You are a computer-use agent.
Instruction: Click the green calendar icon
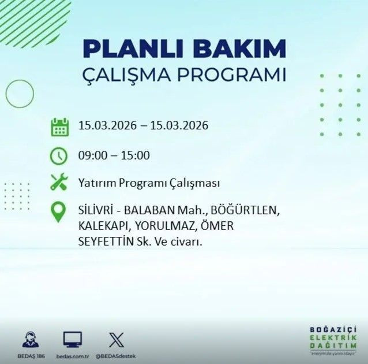(59, 127)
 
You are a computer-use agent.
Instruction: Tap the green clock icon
(59, 155)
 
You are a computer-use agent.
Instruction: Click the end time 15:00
(137, 155)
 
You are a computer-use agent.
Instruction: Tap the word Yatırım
(97, 184)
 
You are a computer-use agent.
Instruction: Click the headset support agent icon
(30, 340)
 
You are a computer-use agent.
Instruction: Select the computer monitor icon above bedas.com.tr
(72, 339)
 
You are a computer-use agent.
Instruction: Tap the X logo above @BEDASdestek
(115, 339)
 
